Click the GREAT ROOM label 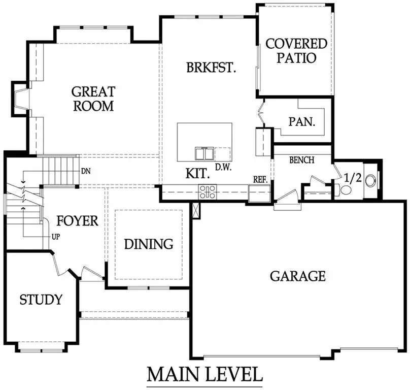[93, 99]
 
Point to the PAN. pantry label [302, 122]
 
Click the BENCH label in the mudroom [301, 160]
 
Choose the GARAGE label [297, 276]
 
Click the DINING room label [149, 244]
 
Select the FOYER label [77, 221]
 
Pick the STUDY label [41, 300]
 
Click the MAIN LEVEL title [205, 375]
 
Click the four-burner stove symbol [208, 192]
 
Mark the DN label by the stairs [86, 171]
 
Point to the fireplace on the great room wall [21, 99]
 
